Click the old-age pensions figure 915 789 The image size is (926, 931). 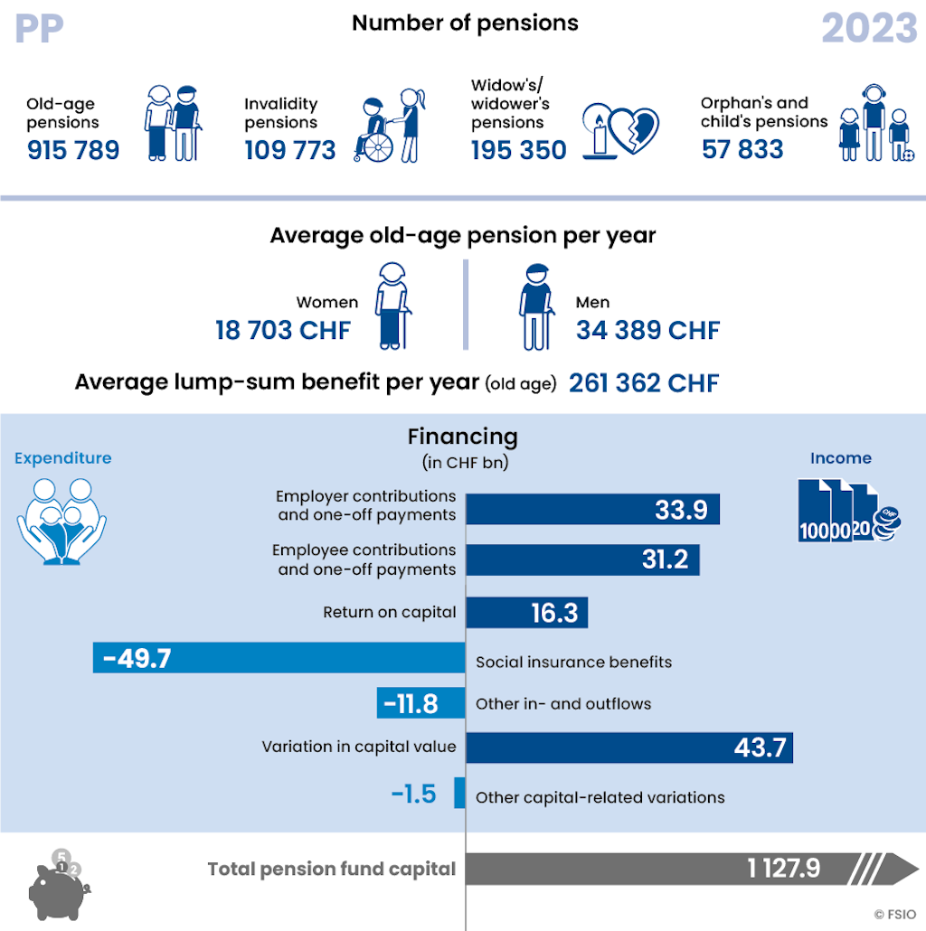coord(73,149)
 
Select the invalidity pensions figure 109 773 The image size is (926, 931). coord(290,149)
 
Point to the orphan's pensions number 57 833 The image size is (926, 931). coord(742,148)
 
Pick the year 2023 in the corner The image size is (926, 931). coord(869,29)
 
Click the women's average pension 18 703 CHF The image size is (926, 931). coord(282,330)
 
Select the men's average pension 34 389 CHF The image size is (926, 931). coord(647,330)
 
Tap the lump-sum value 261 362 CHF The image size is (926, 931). coord(644,382)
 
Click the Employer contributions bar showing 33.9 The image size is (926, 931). coord(592,509)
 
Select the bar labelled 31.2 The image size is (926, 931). coord(582,560)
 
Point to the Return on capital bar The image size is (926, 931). coord(527,613)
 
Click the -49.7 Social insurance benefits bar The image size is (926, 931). coord(279,657)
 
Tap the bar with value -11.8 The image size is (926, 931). coord(421,703)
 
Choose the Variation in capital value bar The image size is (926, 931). coord(629,747)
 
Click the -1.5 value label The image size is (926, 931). coord(413,794)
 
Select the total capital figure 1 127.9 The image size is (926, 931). coord(783,869)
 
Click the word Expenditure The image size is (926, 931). coord(63,458)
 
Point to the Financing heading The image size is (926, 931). coord(463,437)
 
